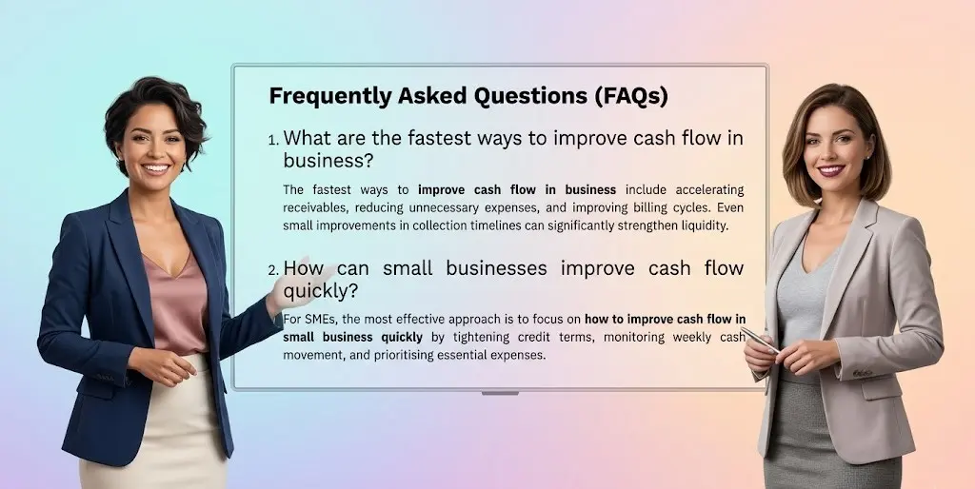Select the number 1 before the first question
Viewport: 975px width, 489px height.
pos(273,141)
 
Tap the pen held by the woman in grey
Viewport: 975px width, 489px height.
pos(761,340)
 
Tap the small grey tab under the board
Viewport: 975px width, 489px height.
pos(500,392)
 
